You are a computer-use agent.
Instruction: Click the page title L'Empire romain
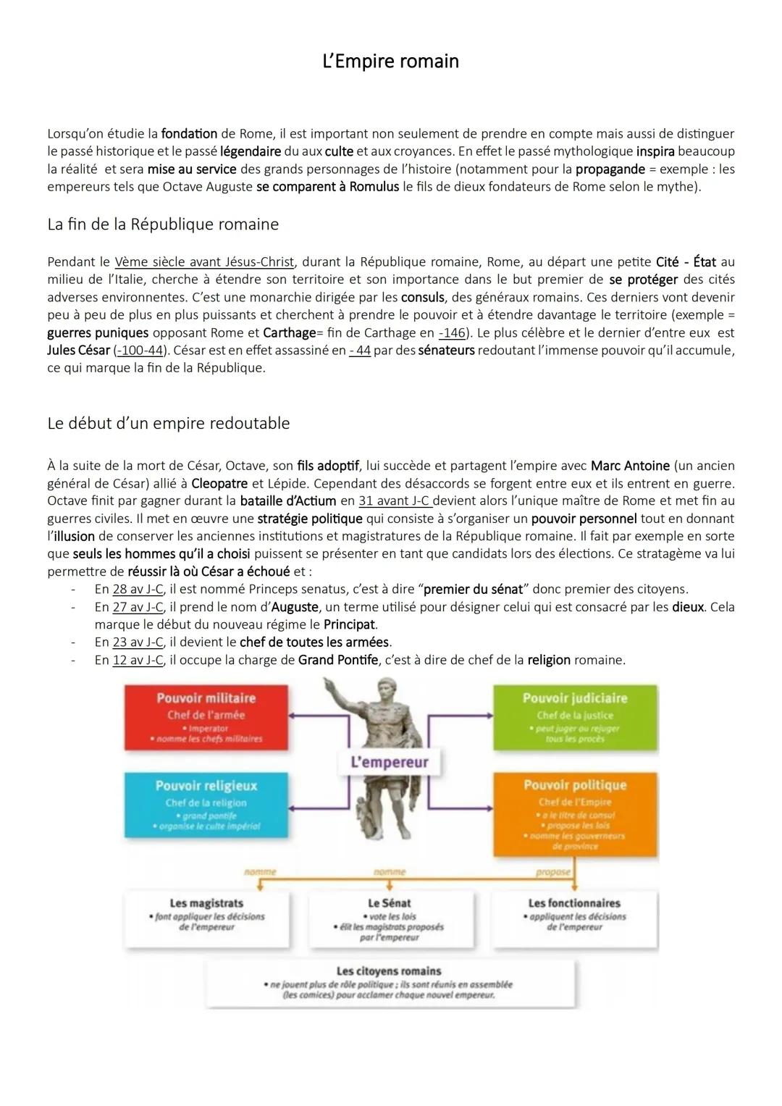click(390, 61)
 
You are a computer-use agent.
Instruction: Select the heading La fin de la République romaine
click(163, 225)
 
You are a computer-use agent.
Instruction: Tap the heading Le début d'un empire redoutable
click(168, 424)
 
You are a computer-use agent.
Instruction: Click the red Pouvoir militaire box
click(206, 717)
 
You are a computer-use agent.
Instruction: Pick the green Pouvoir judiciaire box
click(575, 717)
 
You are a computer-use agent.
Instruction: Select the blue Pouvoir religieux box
click(206, 804)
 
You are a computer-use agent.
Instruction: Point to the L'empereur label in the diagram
click(389, 762)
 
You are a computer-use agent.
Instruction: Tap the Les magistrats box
click(206, 916)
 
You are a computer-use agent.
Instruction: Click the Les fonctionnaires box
click(574, 916)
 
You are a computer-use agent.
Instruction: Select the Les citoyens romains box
click(389, 982)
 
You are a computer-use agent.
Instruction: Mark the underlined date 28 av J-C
click(138, 589)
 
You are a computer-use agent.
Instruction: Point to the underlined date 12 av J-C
click(138, 660)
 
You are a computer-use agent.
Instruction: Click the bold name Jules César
click(78, 351)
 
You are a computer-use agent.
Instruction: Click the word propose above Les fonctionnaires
click(553, 872)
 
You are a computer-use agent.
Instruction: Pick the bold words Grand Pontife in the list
click(338, 660)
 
